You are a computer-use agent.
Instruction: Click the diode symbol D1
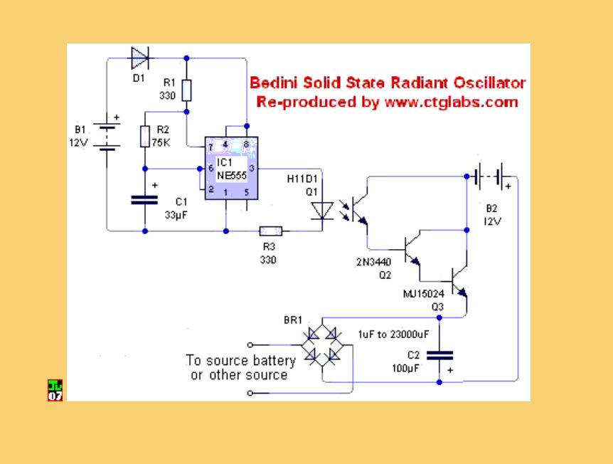(139, 58)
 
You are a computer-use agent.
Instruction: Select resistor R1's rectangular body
(187, 90)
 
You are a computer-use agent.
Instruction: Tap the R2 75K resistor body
(145, 137)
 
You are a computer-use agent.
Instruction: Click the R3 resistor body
(271, 231)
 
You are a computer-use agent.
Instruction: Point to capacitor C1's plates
(144, 200)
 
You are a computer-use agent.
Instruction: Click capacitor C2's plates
(439, 356)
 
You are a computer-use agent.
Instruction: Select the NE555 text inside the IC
(232, 175)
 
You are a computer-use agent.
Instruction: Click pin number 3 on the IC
(252, 168)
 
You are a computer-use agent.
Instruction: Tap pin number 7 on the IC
(210, 147)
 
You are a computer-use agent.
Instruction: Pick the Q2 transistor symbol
(412, 250)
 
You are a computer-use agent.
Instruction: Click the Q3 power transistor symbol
(459, 281)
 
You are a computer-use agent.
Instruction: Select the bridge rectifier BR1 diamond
(322, 345)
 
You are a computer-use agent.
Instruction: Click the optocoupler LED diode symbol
(322, 211)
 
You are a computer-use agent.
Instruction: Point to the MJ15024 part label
(423, 293)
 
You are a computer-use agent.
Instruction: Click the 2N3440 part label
(374, 262)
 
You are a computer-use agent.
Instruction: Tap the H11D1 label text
(302, 179)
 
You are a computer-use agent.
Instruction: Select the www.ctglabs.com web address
(452, 102)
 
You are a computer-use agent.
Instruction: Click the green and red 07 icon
(55, 391)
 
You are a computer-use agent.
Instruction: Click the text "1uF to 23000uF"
(393, 334)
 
